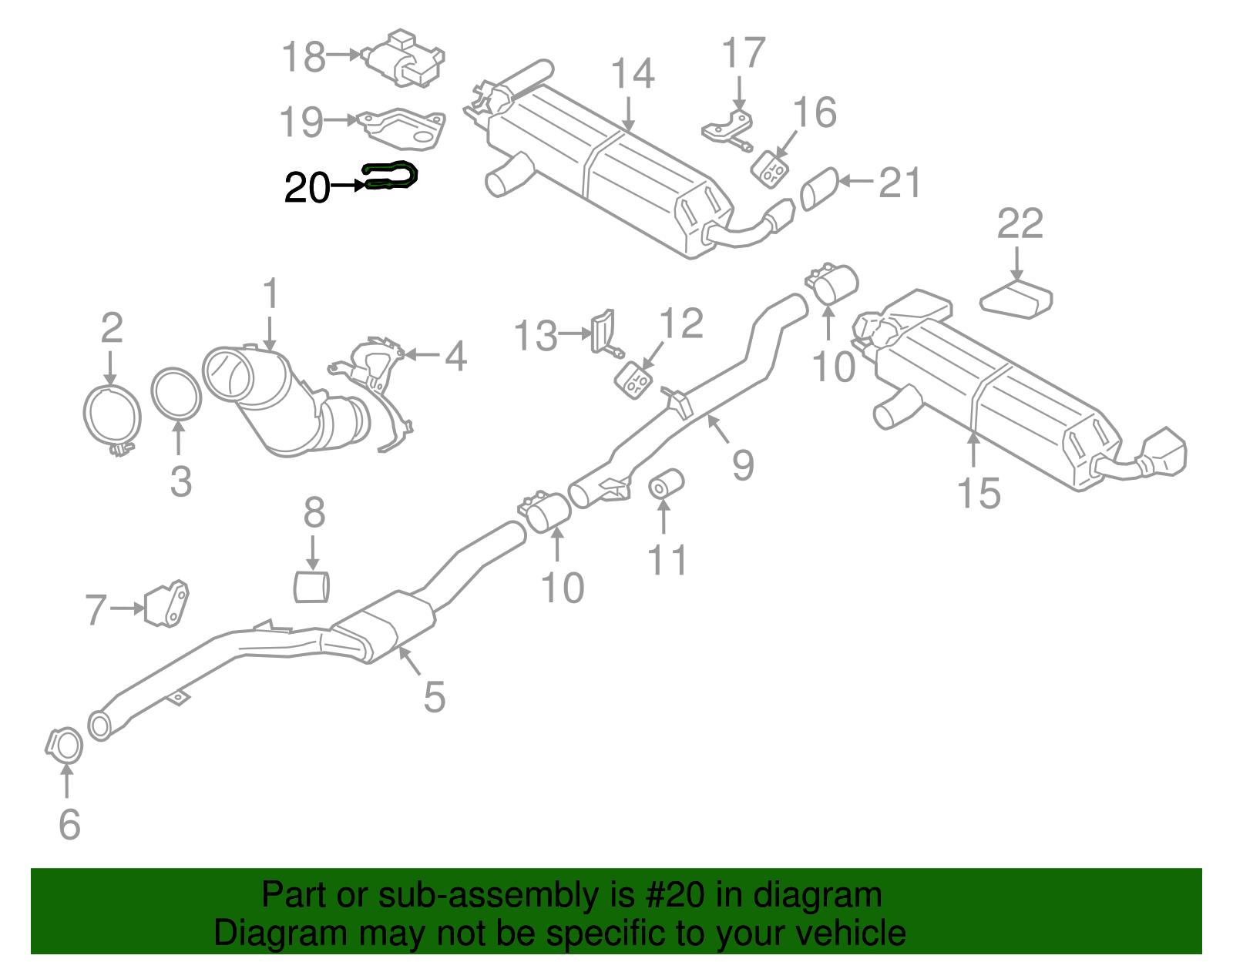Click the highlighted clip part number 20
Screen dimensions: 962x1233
[x=391, y=176]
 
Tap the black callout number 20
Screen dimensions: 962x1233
[x=307, y=188]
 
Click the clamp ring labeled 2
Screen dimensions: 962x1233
[x=112, y=417]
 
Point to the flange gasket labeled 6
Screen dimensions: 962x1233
[x=65, y=746]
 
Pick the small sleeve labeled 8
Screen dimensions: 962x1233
[x=312, y=586]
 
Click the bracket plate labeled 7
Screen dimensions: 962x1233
[x=167, y=603]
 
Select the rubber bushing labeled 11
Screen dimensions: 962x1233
[x=666, y=483]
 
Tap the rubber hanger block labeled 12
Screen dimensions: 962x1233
[x=634, y=380]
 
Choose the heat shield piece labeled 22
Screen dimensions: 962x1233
[x=1016, y=299]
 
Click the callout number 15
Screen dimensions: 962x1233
[x=978, y=493]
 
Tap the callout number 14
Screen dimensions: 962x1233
[x=633, y=75]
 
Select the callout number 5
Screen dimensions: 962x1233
[x=435, y=697]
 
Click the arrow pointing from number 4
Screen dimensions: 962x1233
[x=420, y=354]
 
